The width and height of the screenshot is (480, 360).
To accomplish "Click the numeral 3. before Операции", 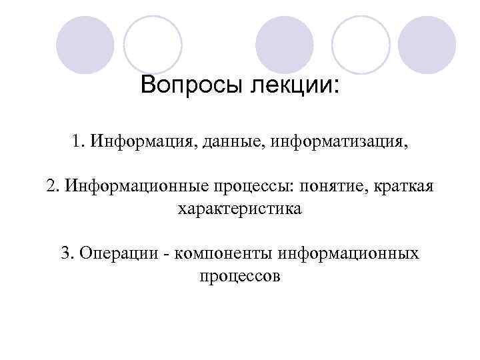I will [67, 253].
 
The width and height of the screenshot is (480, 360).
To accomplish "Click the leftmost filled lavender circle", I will [85, 45].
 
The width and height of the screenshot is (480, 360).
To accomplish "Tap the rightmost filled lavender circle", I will [427, 45].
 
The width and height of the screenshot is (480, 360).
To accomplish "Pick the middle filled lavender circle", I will [285, 45].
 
